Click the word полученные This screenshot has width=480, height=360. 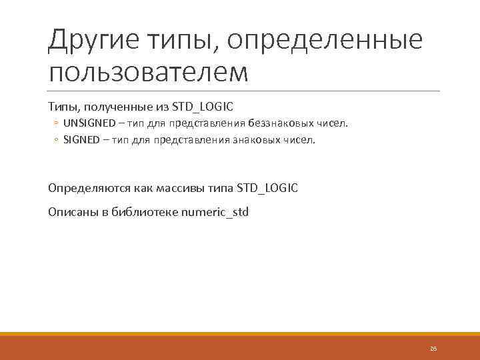109,106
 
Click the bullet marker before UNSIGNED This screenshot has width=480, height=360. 57,123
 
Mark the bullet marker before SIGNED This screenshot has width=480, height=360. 57,140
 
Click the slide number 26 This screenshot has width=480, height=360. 433,349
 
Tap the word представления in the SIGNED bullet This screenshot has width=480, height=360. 192,140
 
